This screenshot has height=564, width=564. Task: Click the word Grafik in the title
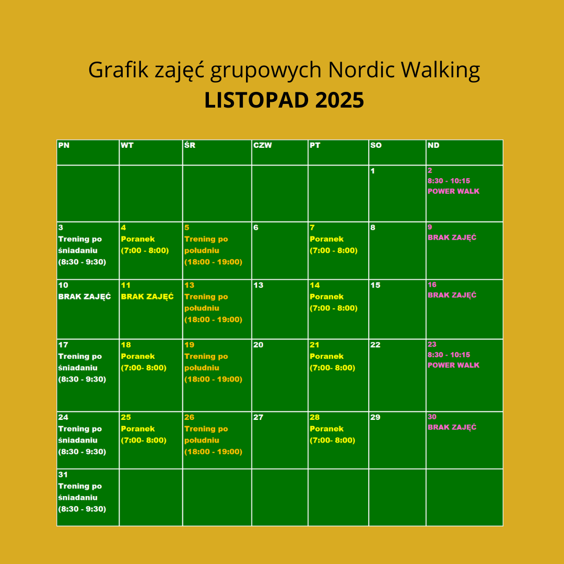(x=119, y=69)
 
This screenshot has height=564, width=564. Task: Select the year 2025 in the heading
(x=339, y=100)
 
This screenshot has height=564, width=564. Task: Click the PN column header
(x=64, y=145)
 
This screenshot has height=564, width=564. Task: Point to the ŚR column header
(x=190, y=145)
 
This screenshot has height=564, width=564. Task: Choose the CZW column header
(x=263, y=145)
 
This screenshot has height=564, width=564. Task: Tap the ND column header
(x=433, y=145)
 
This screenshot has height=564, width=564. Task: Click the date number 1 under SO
(x=373, y=171)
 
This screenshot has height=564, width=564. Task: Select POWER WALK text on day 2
(x=453, y=191)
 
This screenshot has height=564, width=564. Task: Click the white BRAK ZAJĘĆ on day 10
(x=85, y=297)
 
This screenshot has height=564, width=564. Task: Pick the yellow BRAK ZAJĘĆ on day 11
(x=147, y=297)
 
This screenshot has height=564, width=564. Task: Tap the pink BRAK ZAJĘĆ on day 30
(x=452, y=427)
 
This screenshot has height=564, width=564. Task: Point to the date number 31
(x=63, y=475)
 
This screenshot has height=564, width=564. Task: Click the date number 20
(x=258, y=345)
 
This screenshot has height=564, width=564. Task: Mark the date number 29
(x=375, y=417)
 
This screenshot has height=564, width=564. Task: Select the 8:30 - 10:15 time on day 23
(x=449, y=355)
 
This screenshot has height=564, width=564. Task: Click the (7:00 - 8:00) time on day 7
(x=333, y=250)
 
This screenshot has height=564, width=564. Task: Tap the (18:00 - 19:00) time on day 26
(x=213, y=452)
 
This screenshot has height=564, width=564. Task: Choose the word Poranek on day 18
(x=138, y=357)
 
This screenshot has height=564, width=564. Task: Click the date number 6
(x=256, y=228)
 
